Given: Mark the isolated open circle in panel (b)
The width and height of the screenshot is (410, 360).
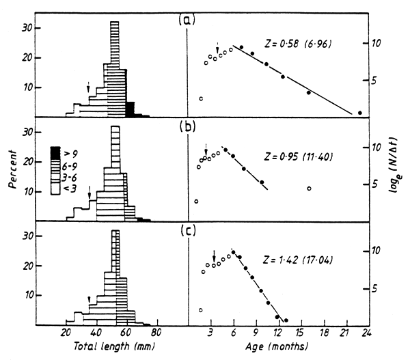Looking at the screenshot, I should [309, 189].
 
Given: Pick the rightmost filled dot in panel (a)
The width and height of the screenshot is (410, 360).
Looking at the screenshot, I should [360, 113].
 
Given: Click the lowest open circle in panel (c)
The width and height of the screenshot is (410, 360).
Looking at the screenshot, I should [200, 310].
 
